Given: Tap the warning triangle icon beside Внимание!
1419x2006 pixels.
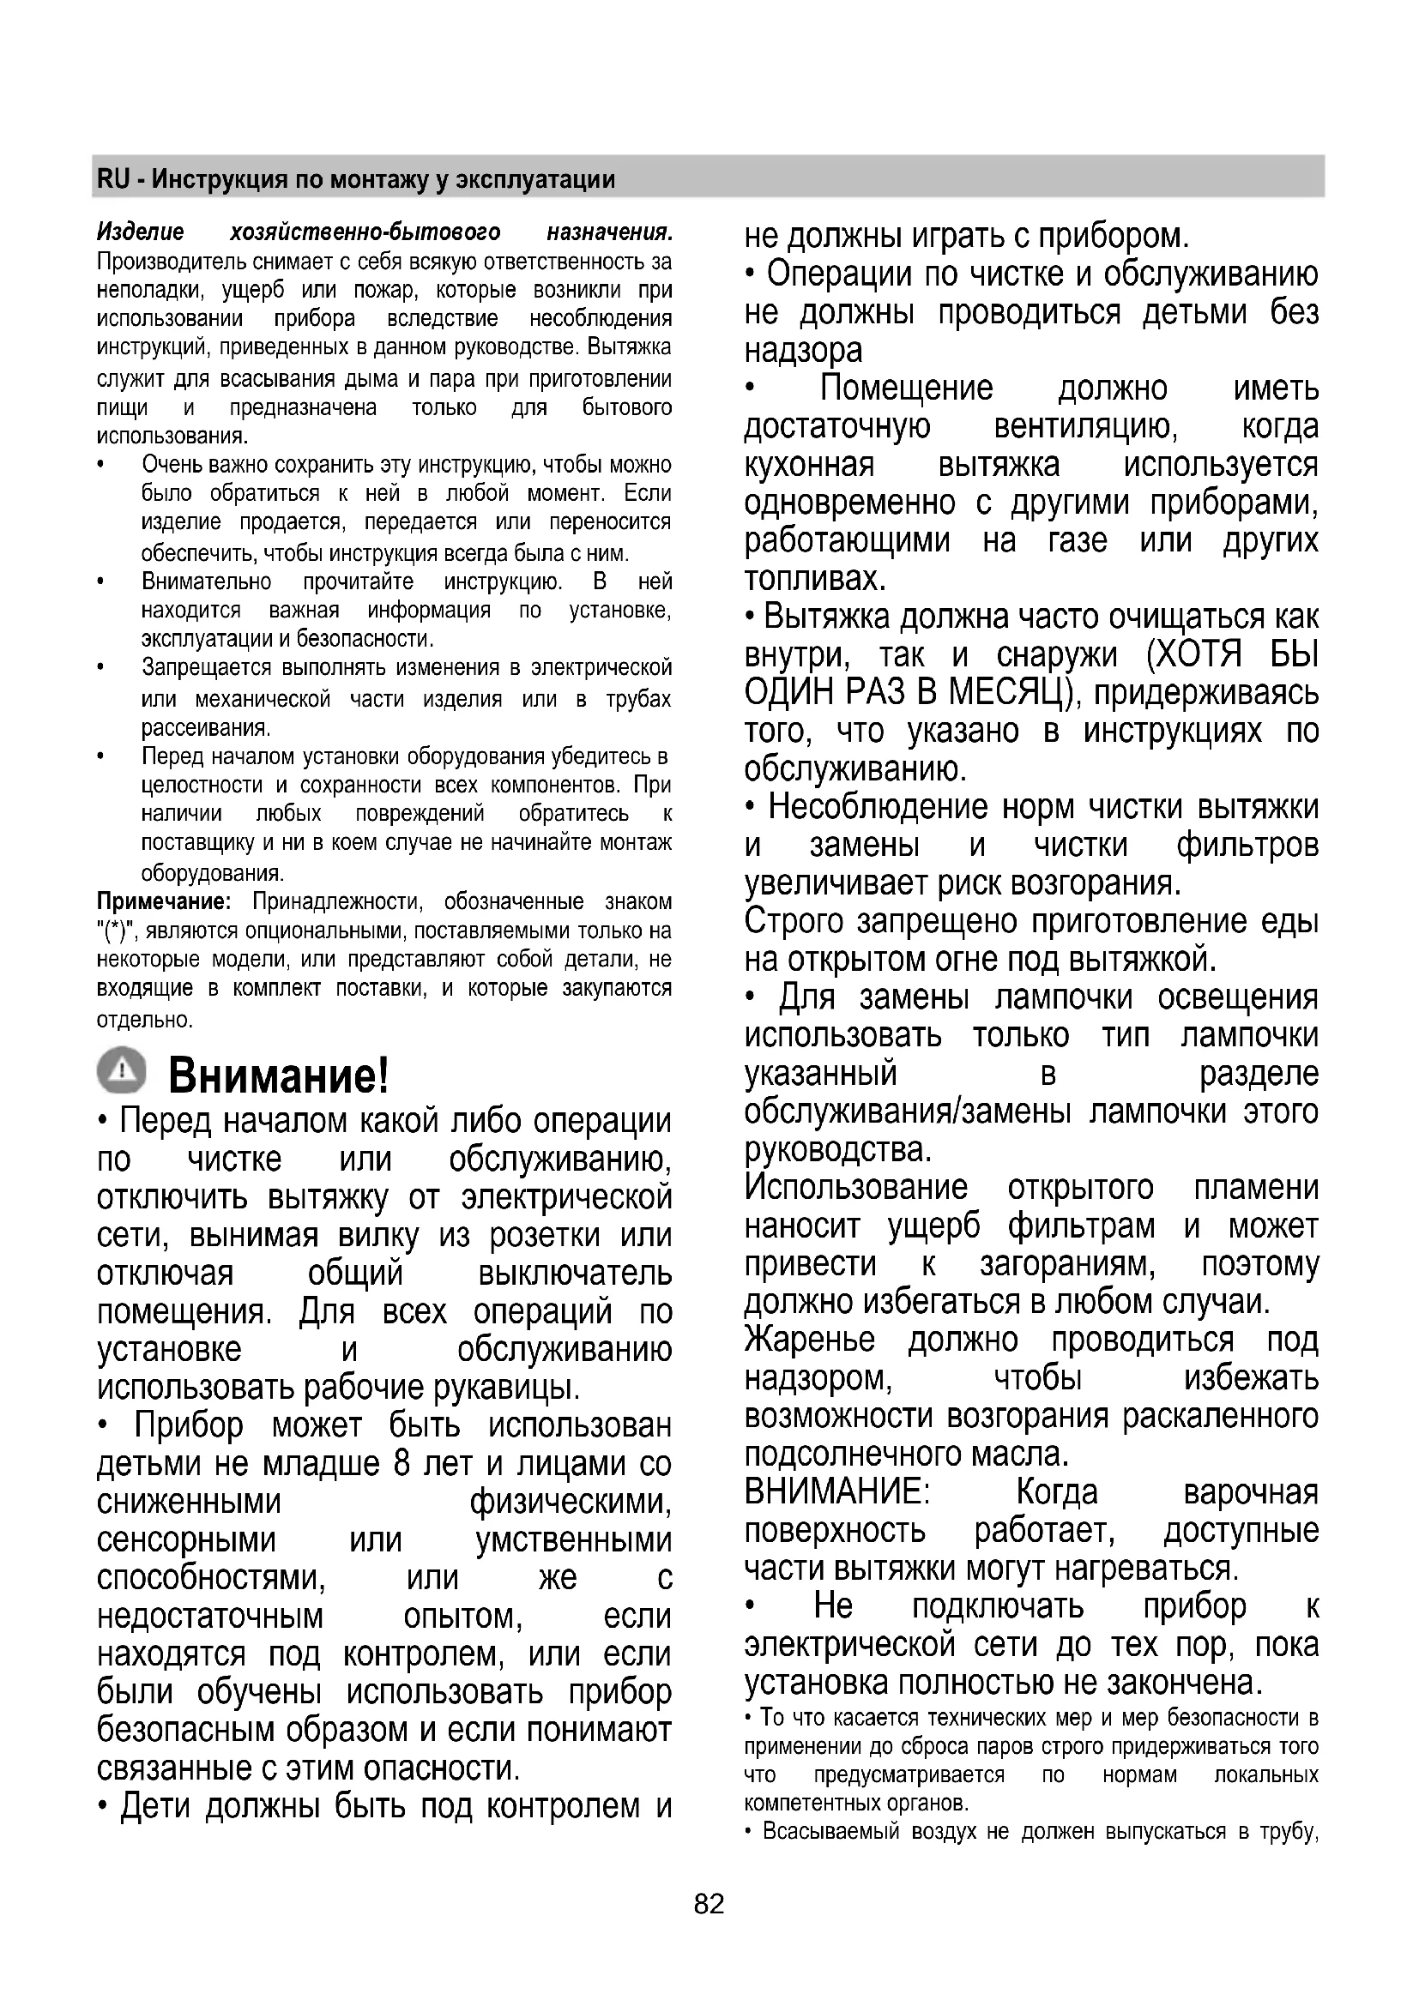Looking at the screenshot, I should click(x=123, y=1069).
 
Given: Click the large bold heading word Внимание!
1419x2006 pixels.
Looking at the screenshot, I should click(x=278, y=1075).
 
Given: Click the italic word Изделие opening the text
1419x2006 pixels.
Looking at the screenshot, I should click(x=141, y=232).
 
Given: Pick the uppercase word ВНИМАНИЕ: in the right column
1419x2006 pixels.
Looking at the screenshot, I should click(x=837, y=1492).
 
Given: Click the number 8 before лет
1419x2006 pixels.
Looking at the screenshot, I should click(x=401, y=1463).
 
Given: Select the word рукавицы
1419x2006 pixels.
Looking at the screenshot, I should click(x=512, y=1388).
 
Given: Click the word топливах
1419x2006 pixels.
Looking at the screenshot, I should click(x=815, y=579).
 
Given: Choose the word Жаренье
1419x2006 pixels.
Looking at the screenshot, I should click(x=809, y=1340).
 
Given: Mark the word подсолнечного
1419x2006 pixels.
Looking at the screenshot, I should click(x=851, y=1455).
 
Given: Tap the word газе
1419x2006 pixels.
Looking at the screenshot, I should click(x=1078, y=541).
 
